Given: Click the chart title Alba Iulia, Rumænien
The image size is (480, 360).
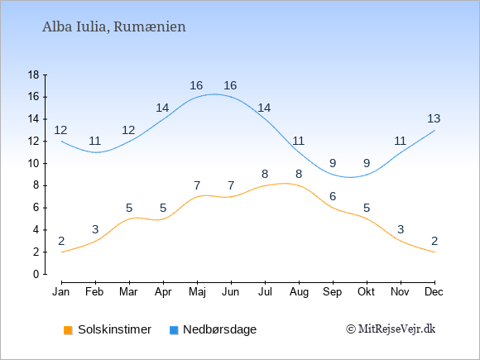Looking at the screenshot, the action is (x=114, y=27).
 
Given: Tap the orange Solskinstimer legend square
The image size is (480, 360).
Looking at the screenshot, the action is (x=68, y=330).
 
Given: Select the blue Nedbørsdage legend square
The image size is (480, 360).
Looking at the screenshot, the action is (x=174, y=330).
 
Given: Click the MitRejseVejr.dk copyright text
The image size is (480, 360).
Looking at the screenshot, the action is (x=391, y=329).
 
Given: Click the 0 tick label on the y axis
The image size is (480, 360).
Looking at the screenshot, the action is (x=36, y=274).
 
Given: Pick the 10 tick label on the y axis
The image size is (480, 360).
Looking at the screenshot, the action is (x=34, y=164).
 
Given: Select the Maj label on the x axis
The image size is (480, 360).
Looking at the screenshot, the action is (x=197, y=292).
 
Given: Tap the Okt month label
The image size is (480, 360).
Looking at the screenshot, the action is (x=366, y=292).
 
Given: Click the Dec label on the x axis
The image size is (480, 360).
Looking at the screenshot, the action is (x=434, y=292).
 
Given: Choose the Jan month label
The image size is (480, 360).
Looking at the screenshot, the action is (x=61, y=292).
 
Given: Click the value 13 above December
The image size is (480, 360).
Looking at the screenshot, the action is (x=434, y=118).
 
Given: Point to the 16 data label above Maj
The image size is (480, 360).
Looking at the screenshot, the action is (x=196, y=85).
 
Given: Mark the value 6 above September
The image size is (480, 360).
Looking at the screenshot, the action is (x=333, y=196).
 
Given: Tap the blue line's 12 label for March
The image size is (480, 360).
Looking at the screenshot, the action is (x=128, y=131).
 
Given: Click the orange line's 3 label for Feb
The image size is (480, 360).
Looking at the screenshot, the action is (x=95, y=229).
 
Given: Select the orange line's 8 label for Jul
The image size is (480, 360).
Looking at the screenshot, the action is (x=265, y=174).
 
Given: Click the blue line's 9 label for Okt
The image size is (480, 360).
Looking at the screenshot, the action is (x=367, y=163).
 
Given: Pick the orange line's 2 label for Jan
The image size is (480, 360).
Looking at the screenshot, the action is (x=61, y=241).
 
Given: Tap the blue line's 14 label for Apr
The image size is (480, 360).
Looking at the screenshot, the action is (x=162, y=108).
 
